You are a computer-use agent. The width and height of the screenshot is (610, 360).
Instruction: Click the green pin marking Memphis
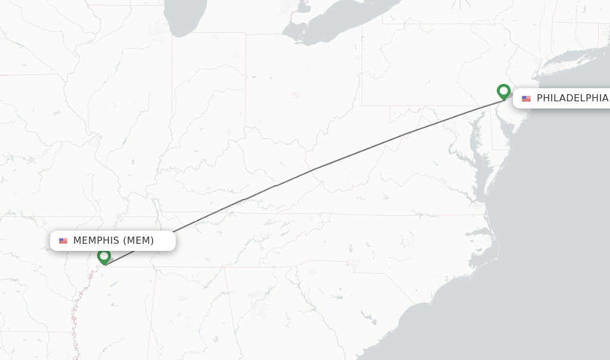point(104,257)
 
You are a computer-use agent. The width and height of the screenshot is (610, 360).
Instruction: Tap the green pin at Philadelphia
point(503,91)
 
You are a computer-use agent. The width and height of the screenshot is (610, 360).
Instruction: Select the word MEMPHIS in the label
point(96,241)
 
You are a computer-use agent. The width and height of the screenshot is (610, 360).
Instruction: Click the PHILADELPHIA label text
point(572,98)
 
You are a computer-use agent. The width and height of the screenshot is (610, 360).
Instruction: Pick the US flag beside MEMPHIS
point(63,241)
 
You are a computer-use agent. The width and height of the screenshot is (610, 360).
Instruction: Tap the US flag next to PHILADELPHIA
point(526,98)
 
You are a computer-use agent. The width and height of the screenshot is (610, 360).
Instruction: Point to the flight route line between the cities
point(313,170)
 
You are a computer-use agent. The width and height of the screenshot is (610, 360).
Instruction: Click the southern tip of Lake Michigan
point(179,30)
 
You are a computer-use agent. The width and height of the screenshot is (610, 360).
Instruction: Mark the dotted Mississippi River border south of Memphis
point(76,316)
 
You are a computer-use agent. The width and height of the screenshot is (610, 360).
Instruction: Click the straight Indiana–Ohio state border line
point(245,89)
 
